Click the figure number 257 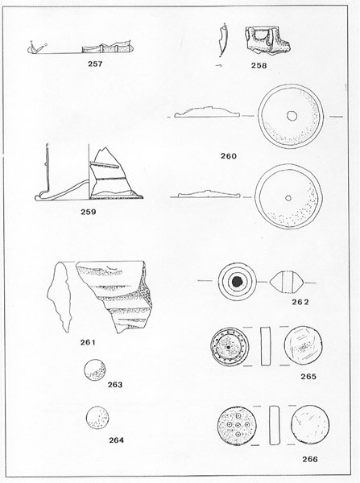click(95, 64)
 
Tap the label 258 click(259, 65)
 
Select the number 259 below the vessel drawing click(89, 212)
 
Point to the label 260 click(229, 156)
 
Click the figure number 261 click(88, 342)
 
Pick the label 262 click(300, 302)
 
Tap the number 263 click(115, 385)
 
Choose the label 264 click(116, 440)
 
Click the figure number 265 click(308, 376)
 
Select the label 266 click(310, 459)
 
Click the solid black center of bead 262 click(237, 281)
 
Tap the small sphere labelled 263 click(94, 369)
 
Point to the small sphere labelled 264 click(97, 418)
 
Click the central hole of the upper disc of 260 click(292, 116)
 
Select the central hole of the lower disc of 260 click(288, 198)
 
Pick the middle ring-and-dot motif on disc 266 click(238, 425)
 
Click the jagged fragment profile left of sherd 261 click(59, 295)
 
